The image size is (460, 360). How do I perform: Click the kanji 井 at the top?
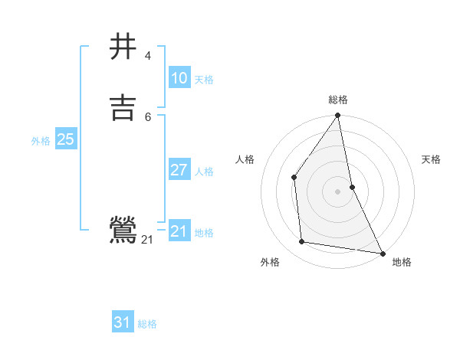pos(123,46)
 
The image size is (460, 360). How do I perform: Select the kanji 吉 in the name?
pos(123,106)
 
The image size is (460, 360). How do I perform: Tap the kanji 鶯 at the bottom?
pos(123,231)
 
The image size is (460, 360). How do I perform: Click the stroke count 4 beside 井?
pos(147,55)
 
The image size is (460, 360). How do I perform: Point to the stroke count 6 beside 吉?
pos(147,116)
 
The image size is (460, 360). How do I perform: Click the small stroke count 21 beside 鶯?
pos(147,240)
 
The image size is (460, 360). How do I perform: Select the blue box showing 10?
pos(179,78)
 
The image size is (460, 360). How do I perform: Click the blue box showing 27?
pos(179,170)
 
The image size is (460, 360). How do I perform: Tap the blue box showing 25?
pos(65,139)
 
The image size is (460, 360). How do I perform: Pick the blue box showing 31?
pos(123,322)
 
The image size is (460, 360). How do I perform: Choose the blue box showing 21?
pos(179,231)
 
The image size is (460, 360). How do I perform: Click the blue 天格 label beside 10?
pos(204,80)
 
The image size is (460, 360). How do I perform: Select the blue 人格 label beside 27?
pos(204,172)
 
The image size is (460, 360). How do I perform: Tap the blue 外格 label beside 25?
pos(41,141)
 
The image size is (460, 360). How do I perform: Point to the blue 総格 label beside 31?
pos(147,324)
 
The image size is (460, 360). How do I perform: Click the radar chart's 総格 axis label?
pos(337,100)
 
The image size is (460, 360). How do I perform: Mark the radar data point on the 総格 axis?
pos(337,116)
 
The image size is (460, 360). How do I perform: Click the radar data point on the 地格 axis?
pos(382,253)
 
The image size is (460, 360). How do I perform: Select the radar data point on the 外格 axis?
pos(302,242)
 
